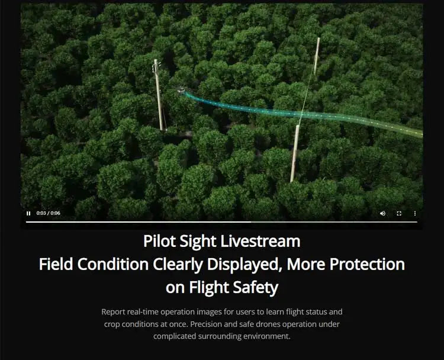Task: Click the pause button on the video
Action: point(28,213)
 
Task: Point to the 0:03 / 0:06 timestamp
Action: point(48,213)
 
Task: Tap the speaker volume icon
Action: point(382,213)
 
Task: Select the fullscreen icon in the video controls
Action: point(399,213)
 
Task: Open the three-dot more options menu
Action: point(414,213)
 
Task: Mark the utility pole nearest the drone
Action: point(159,95)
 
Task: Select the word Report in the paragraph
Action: point(114,311)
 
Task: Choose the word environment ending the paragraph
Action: point(267,336)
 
